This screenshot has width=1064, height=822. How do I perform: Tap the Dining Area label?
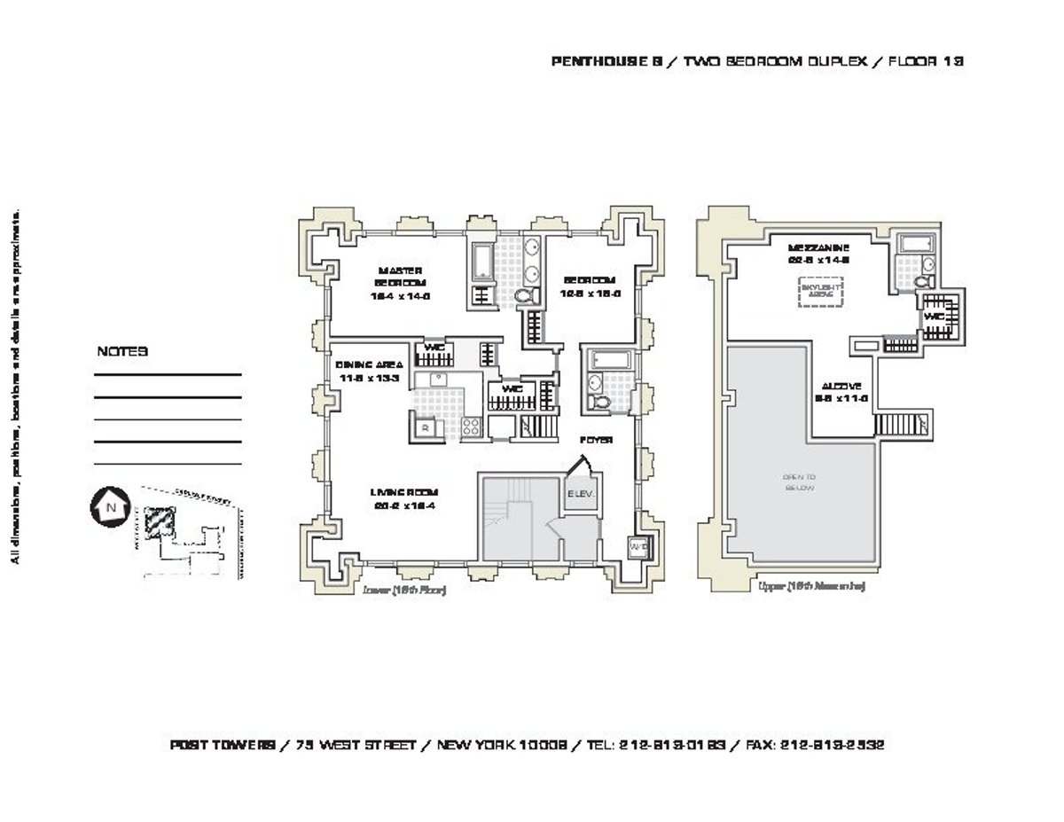[371, 371]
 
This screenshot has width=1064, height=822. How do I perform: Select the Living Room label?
[404, 498]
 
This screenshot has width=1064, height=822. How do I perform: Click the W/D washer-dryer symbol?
[637, 548]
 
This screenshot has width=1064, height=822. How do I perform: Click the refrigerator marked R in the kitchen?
[426, 427]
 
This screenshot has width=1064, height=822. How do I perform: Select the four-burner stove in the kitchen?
[469, 427]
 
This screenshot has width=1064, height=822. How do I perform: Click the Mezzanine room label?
[818, 254]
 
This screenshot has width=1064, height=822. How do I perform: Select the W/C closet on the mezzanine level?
[934, 316]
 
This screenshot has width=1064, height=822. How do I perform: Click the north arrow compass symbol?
[111, 506]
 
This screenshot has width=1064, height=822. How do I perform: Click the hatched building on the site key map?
[160, 521]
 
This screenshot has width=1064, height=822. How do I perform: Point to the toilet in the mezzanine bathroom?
[923, 282]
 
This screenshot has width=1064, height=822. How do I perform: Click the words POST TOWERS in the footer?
[222, 746]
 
